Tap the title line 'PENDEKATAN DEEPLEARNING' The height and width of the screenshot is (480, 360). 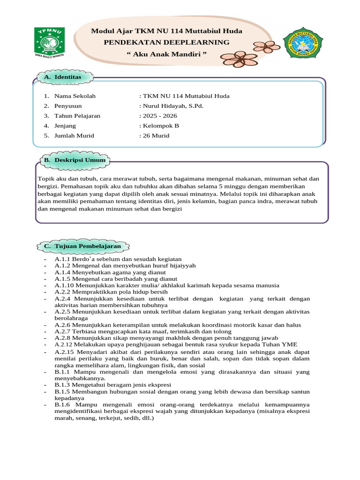[167, 43]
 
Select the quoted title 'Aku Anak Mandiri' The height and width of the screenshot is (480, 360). [167, 54]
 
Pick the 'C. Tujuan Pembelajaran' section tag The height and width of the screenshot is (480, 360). [84, 246]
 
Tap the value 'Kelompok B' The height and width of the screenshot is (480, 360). [160, 126]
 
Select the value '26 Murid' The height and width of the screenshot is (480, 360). [156, 136]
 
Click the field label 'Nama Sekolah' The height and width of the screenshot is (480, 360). [75, 96]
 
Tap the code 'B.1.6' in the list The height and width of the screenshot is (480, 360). [63, 404]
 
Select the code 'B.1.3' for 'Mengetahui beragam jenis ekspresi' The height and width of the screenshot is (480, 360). [63, 384]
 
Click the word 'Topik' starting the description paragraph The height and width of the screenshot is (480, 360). [45, 179]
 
